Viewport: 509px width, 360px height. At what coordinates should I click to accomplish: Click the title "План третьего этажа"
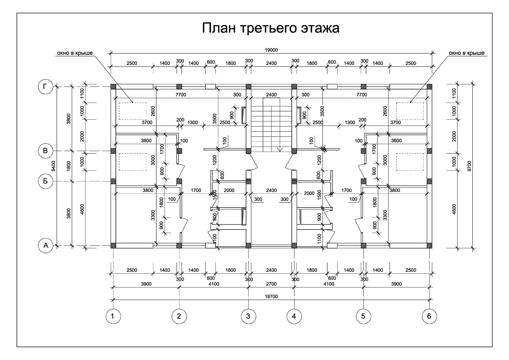pyautogui.click(x=270, y=28)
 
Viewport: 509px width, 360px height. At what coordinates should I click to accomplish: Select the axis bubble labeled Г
pyautogui.click(x=45, y=87)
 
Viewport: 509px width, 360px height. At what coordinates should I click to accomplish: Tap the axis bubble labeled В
pyautogui.click(x=45, y=150)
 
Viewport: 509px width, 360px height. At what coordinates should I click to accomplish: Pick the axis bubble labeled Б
pyautogui.click(x=45, y=181)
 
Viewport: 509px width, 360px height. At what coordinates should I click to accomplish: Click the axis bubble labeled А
pyautogui.click(x=45, y=245)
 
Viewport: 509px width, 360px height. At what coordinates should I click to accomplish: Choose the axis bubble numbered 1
pyautogui.click(x=113, y=316)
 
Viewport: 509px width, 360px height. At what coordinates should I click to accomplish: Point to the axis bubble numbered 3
pyautogui.click(x=248, y=316)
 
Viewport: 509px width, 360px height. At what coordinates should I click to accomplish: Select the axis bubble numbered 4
pyautogui.click(x=294, y=316)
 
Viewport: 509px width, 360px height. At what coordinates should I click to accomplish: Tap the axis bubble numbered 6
pyautogui.click(x=429, y=316)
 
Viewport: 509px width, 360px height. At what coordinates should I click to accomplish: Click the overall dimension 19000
pyautogui.click(x=271, y=50)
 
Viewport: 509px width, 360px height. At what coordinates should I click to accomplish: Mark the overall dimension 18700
pyautogui.click(x=271, y=296)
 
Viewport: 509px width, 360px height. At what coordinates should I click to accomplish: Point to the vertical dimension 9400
pyautogui.click(x=53, y=166)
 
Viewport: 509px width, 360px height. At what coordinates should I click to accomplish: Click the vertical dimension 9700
pyautogui.click(x=470, y=166)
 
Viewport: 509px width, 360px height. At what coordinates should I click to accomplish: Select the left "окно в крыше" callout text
pyautogui.click(x=75, y=53)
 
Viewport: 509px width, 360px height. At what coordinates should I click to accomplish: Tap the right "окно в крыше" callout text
pyautogui.click(x=466, y=53)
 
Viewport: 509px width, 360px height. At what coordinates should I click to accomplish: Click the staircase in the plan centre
pyautogui.click(x=271, y=124)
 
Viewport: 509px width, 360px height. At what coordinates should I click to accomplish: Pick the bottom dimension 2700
pyautogui.click(x=271, y=284)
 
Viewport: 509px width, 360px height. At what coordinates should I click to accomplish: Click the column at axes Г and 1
pyautogui.click(x=113, y=87)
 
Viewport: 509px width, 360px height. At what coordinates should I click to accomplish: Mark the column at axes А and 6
pyautogui.click(x=429, y=245)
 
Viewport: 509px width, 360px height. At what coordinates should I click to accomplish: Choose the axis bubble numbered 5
pyautogui.click(x=363, y=316)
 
